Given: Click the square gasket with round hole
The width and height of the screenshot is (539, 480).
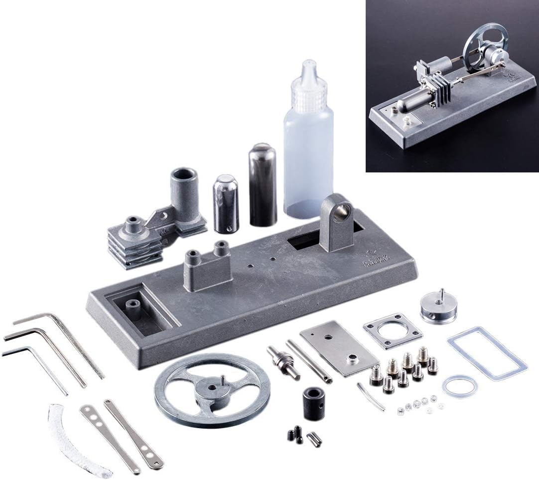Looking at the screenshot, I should coord(392,330).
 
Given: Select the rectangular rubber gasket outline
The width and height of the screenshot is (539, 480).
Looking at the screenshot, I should coord(487,353).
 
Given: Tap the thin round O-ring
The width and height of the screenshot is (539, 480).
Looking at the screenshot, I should coord(460,386).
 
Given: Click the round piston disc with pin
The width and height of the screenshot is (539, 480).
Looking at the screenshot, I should coord(438,307).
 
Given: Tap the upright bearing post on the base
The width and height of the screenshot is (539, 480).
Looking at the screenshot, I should coord(338,222).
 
